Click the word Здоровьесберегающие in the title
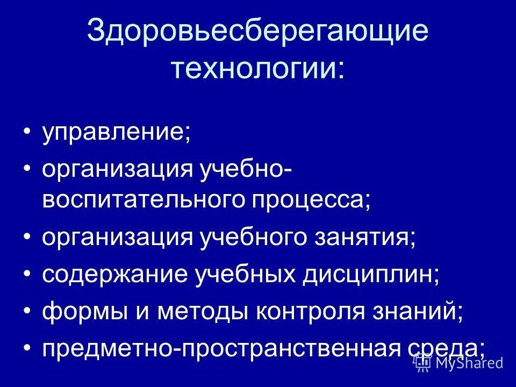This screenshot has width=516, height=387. [x=257, y=32]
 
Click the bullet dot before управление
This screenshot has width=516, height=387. [x=27, y=133]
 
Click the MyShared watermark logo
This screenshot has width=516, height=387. [x=459, y=363]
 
